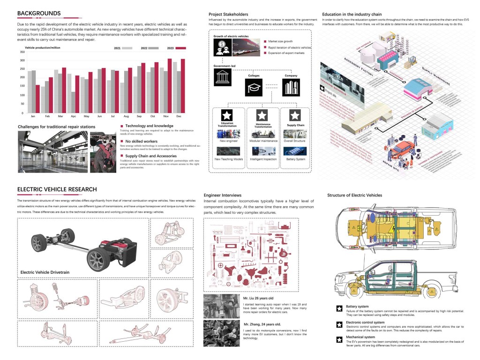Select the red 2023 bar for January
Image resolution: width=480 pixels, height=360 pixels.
point(37,99)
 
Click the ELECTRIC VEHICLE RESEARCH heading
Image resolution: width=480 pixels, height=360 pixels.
point(57,189)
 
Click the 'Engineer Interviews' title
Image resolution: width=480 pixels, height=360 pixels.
point(223,195)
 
